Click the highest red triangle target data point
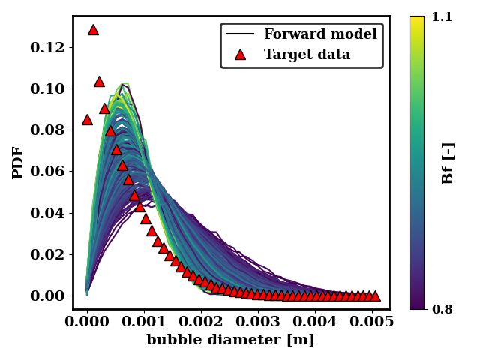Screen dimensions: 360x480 click(93, 30)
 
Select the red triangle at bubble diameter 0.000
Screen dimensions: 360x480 click(87, 119)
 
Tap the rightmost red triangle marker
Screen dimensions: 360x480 click(375, 295)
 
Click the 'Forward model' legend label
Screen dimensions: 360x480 click(320, 34)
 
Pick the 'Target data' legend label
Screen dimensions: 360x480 click(307, 55)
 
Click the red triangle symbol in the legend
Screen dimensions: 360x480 click(240, 55)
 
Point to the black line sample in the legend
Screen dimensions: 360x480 click(240, 34)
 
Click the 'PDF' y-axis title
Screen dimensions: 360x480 click(18, 163)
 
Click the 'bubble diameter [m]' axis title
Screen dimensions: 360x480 click(230, 340)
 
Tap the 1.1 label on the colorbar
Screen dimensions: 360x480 click(442, 16)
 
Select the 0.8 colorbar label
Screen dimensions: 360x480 click(442, 308)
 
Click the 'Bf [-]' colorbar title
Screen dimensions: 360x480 click(448, 163)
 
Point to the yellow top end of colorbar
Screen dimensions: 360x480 click(418, 19)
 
